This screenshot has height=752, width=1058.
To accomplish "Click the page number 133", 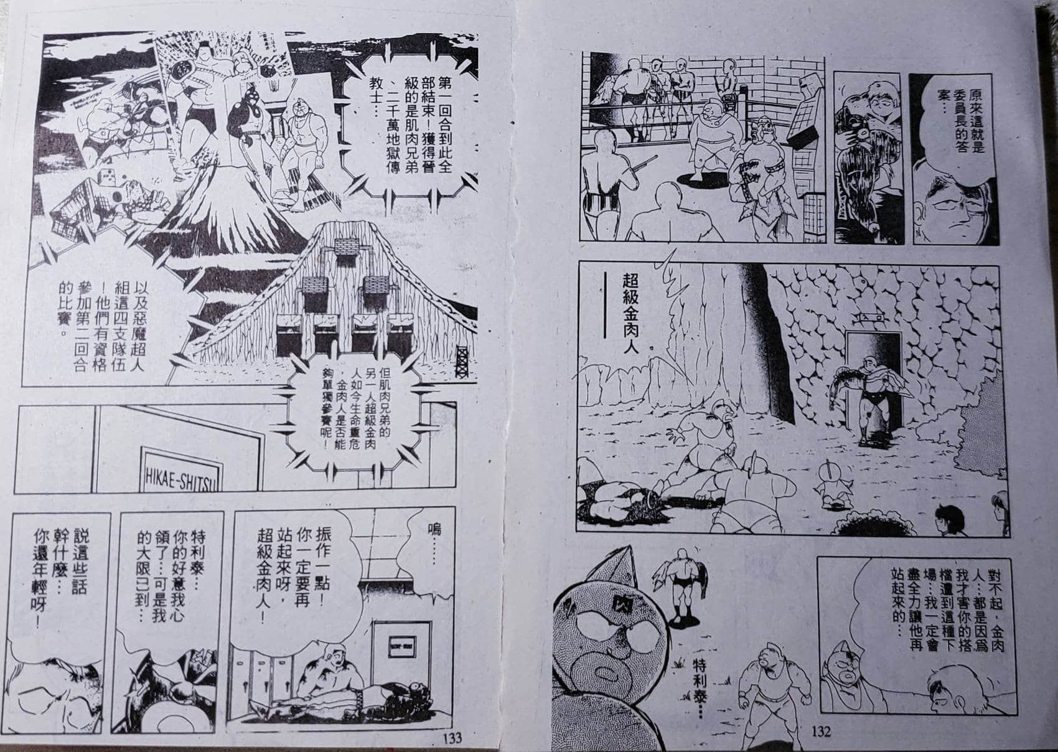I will pyautogui.click(x=452, y=738).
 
